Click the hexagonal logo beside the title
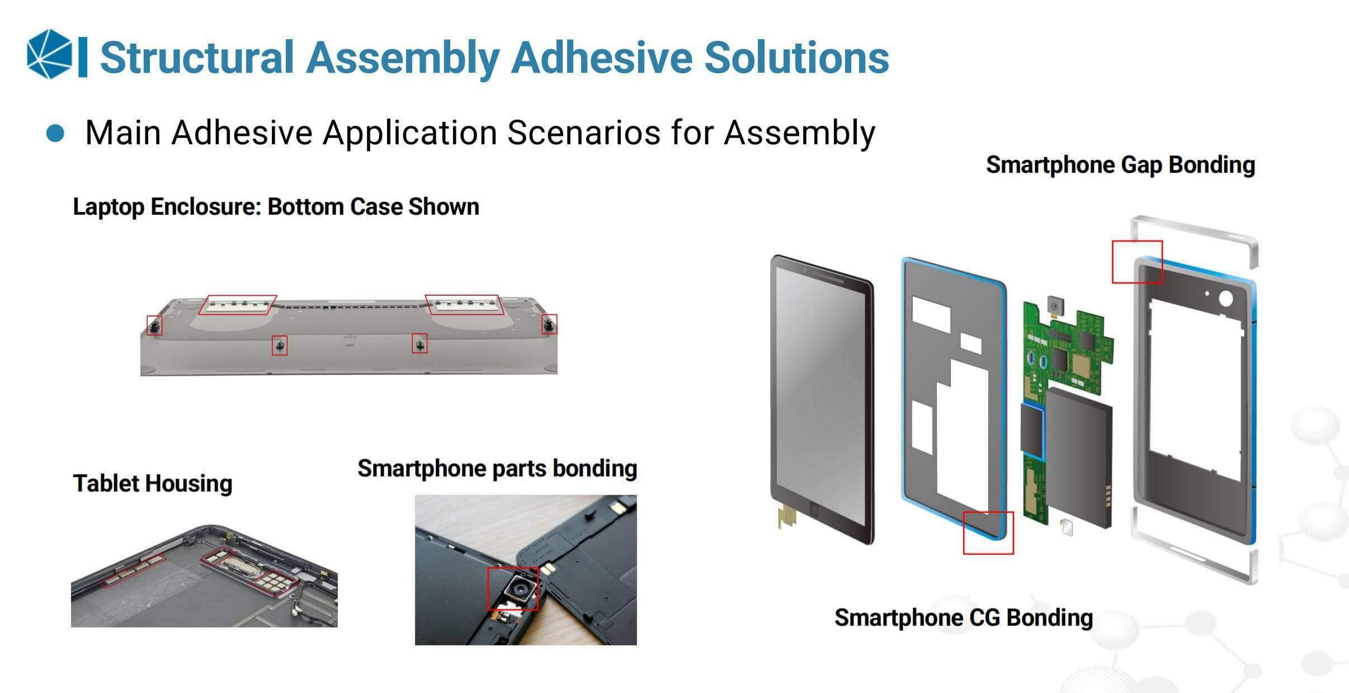[50, 54]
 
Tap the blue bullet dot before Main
[55, 134]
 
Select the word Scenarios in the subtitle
[584, 133]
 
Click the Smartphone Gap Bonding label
[1120, 165]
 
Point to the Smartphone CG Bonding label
[964, 617]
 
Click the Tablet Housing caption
[153, 483]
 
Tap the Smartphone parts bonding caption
[497, 468]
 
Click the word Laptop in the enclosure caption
[109, 207]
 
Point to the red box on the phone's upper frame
[1137, 242]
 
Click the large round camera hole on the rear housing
[1225, 298]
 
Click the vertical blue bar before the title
[83, 56]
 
